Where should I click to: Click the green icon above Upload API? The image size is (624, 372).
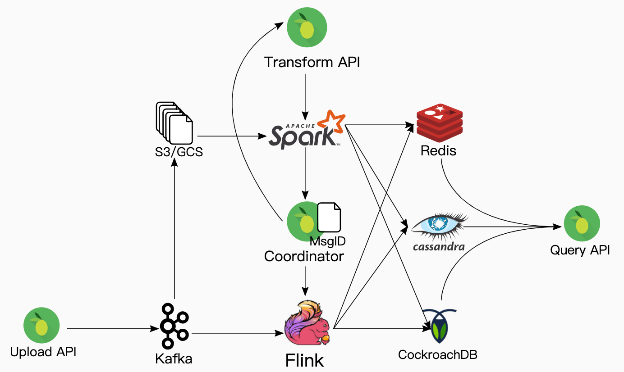point(41,325)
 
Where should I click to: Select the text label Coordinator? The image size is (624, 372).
point(304,256)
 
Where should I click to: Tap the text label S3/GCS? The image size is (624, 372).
point(177,152)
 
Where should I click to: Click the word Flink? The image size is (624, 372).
point(304,360)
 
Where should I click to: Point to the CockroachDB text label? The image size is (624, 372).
point(437,354)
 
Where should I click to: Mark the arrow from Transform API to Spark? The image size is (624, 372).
point(306,95)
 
